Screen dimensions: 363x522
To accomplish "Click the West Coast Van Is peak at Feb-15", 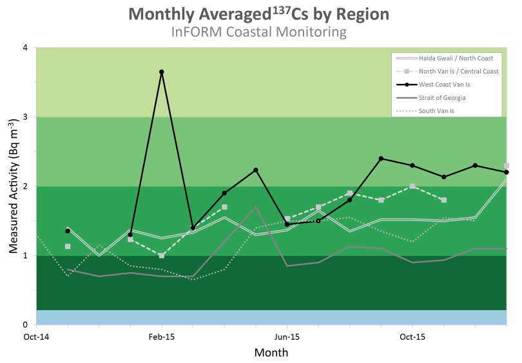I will [x=162, y=72].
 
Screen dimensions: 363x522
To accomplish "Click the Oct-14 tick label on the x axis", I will [x=37, y=337].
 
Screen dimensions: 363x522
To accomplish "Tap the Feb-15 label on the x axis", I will [x=162, y=337].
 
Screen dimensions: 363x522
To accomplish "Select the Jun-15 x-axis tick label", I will [x=287, y=337].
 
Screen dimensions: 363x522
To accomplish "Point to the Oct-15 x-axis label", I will [x=412, y=337].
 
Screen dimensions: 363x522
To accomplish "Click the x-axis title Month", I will [x=271, y=353].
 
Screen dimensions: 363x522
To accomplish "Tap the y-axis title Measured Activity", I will [x=12, y=187].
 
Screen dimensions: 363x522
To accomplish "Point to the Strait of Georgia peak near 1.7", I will [x=256, y=208].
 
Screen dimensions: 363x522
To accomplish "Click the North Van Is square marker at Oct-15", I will [x=412, y=186].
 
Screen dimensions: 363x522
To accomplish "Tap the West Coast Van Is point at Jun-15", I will [x=287, y=224].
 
